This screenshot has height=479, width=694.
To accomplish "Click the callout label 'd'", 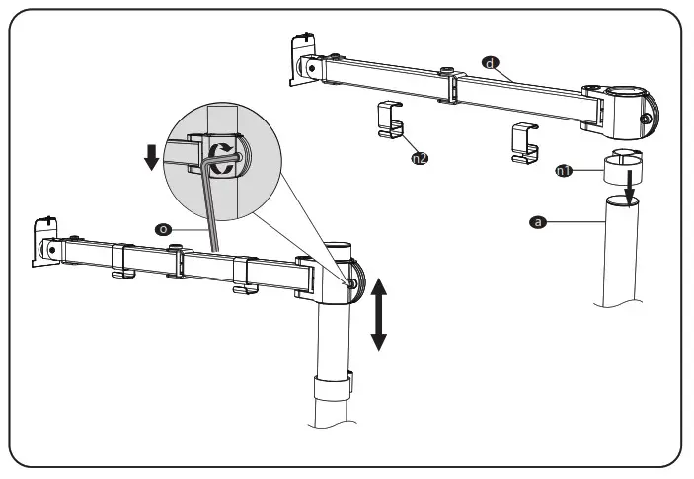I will click(488, 62).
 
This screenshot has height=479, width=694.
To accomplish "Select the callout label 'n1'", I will click(563, 171).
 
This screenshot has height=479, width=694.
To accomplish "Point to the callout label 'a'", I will click(538, 223).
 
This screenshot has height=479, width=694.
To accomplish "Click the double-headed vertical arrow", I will click(379, 313).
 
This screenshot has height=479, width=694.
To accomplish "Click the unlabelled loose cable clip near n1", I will click(524, 144).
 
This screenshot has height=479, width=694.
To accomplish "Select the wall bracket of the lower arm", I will click(43, 243).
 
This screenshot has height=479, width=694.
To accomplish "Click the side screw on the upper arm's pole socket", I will click(646, 120).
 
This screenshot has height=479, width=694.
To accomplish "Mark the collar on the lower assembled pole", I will click(334, 386).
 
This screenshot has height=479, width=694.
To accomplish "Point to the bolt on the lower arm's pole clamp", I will click(353, 282).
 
